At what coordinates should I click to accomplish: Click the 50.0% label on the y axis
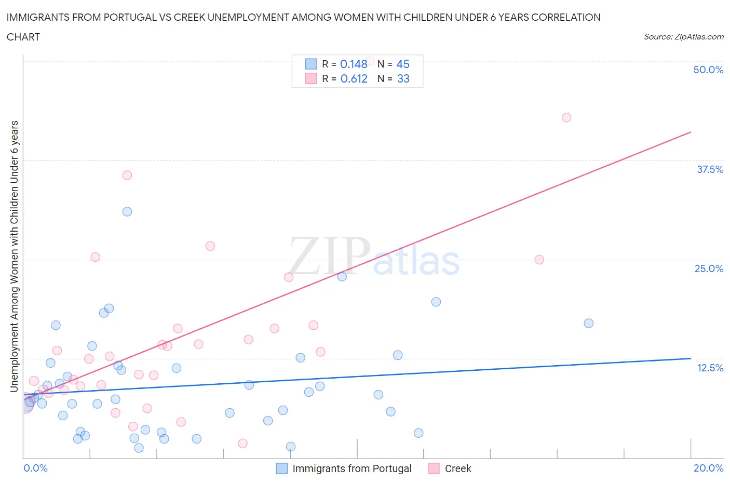pos(708,70)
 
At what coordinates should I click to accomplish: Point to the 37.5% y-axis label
pos(710,169)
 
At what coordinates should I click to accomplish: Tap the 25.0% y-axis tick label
pos(709,269)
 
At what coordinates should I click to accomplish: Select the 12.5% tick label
pos(710,368)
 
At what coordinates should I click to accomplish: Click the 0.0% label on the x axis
pos(35,468)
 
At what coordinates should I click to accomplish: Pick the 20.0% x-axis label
pos(708,468)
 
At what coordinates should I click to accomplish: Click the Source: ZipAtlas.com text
pos(683,37)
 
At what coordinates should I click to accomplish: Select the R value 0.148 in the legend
pos(354,64)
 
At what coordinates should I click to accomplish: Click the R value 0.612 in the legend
pos(354,78)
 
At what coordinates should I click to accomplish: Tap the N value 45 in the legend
pos(403,64)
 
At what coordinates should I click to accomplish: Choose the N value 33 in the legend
pos(403,78)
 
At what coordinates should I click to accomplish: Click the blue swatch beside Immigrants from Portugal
pos(281,468)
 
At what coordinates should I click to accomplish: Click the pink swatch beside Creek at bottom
pos(434,468)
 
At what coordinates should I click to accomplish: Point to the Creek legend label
pos(458,468)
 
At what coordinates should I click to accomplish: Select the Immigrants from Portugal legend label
pos(352,468)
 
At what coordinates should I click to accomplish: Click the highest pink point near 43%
pos(566,117)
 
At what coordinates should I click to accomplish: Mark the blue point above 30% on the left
pos(127,211)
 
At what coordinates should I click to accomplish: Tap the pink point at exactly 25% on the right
pos(539,260)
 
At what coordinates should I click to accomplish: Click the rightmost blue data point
pos(588,323)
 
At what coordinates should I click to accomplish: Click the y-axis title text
pos(15,256)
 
